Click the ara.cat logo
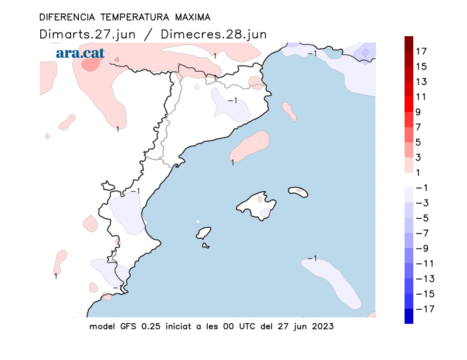point(80,53)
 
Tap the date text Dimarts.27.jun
point(88,34)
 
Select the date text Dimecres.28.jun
point(214,34)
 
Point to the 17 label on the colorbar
point(421,51)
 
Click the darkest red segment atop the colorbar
point(409,43)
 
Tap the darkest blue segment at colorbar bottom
point(409,316)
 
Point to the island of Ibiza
point(203,233)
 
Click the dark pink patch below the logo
point(90,65)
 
